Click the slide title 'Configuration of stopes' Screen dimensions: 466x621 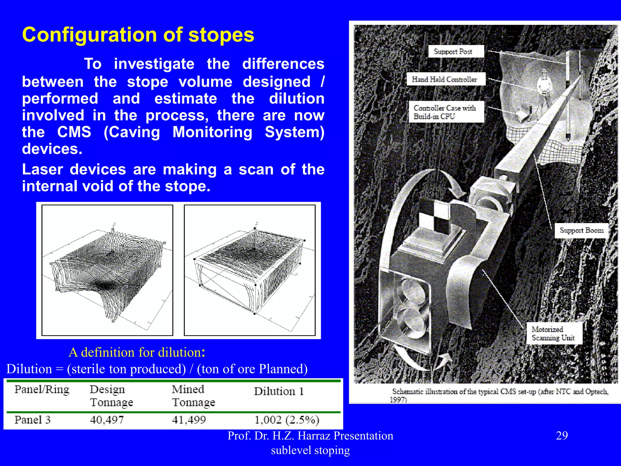[x=138, y=35]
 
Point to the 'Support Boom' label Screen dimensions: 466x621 [x=581, y=231]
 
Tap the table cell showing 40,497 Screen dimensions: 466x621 [x=107, y=420]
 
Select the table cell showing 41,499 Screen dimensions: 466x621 [x=189, y=420]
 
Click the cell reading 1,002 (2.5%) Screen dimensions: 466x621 [x=287, y=420]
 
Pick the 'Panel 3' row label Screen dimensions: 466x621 [x=32, y=420]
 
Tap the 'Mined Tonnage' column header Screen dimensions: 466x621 [x=193, y=396]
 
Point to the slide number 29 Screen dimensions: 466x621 [x=562, y=436]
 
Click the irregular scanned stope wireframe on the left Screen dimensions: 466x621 [x=108, y=270]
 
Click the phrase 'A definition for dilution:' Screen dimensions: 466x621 [x=137, y=353]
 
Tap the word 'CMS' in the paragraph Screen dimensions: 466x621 [x=74, y=132]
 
